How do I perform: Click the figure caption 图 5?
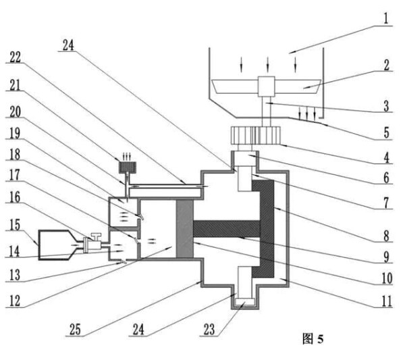[312, 338]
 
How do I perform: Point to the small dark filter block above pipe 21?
[124, 166]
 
